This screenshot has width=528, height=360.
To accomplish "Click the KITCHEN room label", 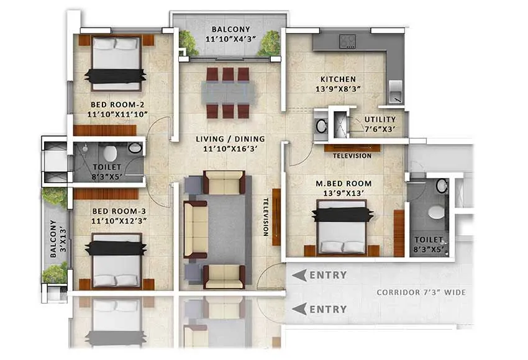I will point(338,79).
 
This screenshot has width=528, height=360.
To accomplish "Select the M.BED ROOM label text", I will point(343,183).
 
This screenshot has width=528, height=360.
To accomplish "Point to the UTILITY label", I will point(379,119).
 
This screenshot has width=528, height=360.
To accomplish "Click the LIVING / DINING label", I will point(229,138).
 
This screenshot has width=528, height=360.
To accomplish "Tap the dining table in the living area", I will point(227,93).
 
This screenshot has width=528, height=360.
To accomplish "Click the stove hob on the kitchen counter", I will point(347,42).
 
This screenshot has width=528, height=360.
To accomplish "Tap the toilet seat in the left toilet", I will point(110,153).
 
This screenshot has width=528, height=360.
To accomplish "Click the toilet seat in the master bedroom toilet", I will point(437,212).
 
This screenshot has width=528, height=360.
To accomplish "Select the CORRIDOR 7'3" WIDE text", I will point(420,292).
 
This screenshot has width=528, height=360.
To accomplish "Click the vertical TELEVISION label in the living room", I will point(265,217).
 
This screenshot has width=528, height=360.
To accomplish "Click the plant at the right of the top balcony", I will point(270,43).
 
